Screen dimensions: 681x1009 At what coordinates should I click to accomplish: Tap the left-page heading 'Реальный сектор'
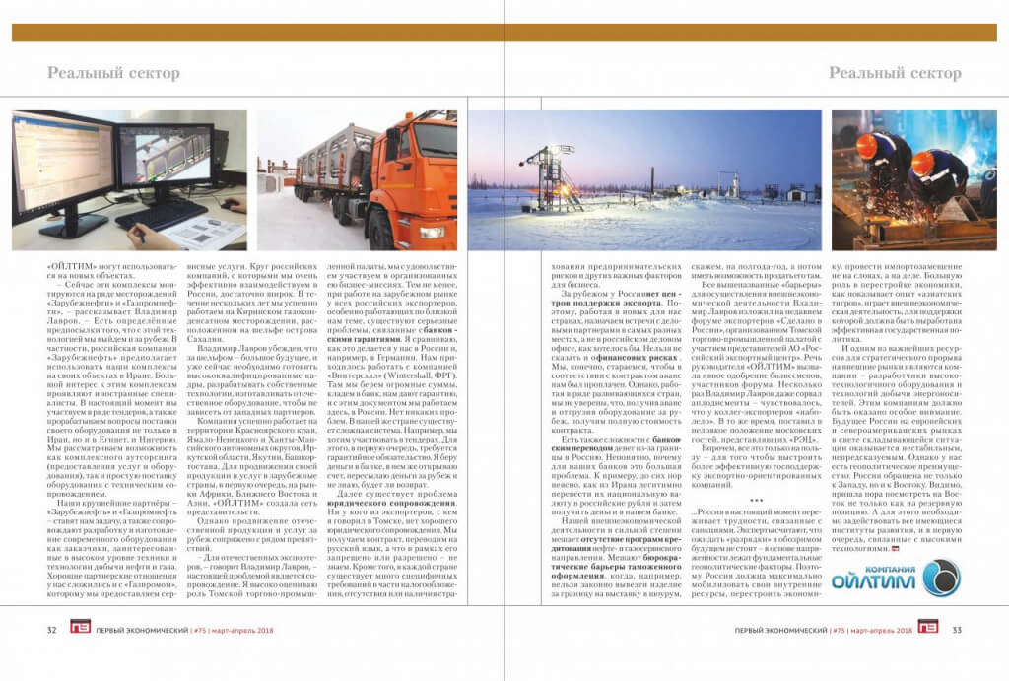tap(113, 73)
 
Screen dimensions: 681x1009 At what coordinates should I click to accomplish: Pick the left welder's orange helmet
tap(868, 145)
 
